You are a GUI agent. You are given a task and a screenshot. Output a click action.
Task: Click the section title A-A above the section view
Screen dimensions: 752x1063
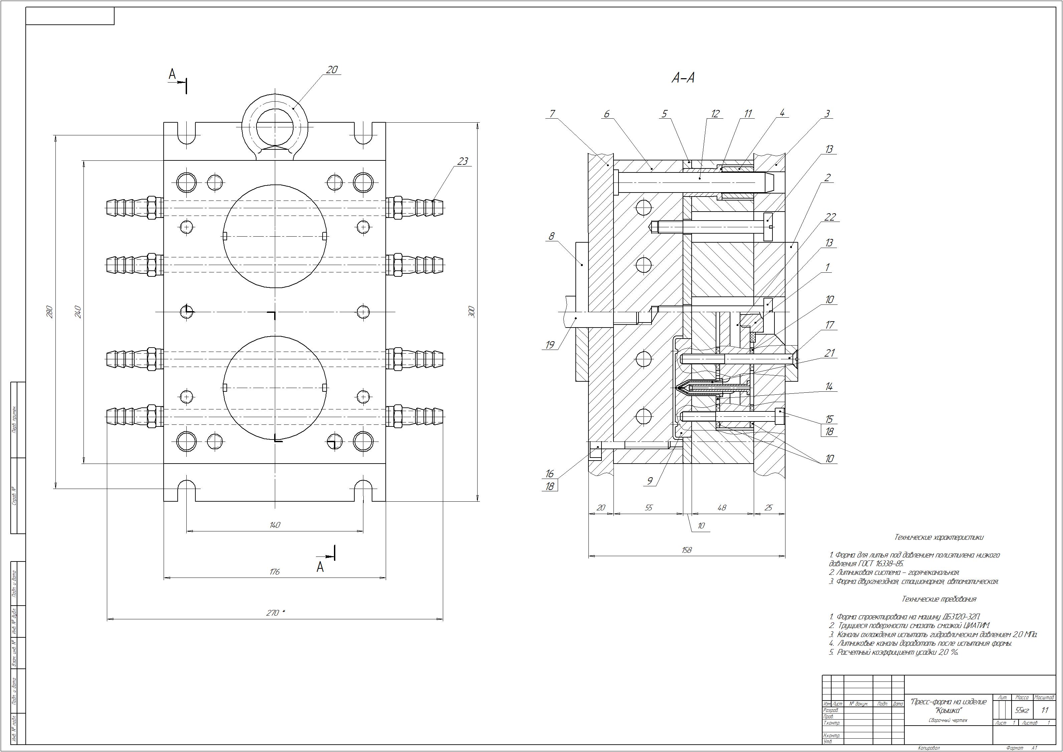pos(683,78)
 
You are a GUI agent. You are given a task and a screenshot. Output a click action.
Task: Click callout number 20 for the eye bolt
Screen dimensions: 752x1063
pos(332,70)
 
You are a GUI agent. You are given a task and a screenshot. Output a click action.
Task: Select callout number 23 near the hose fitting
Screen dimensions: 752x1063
pos(463,161)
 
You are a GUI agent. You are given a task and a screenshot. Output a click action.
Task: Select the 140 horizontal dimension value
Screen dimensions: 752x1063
pos(275,525)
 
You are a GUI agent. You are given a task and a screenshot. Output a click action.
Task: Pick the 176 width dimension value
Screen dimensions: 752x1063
pos(275,572)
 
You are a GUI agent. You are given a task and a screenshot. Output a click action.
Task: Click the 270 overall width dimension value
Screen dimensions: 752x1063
pos(273,613)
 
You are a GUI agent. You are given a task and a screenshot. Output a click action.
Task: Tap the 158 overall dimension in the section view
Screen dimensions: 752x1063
pos(687,550)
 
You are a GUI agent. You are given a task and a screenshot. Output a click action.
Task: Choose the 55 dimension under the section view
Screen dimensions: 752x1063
pos(648,508)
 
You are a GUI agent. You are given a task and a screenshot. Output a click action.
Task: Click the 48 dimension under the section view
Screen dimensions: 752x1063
pos(722,508)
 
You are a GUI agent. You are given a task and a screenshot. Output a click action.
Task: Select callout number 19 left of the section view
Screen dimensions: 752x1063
pos(550,345)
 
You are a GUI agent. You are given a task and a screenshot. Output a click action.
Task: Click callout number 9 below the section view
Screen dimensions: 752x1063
pos(650,481)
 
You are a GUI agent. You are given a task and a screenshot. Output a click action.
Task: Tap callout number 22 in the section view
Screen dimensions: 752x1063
pos(830,217)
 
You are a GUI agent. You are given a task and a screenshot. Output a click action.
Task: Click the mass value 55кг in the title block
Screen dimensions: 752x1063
pos(1022,710)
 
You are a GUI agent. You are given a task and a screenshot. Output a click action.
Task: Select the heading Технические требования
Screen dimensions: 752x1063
pos(939,599)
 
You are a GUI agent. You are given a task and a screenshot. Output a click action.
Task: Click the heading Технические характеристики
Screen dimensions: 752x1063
pos(939,537)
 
